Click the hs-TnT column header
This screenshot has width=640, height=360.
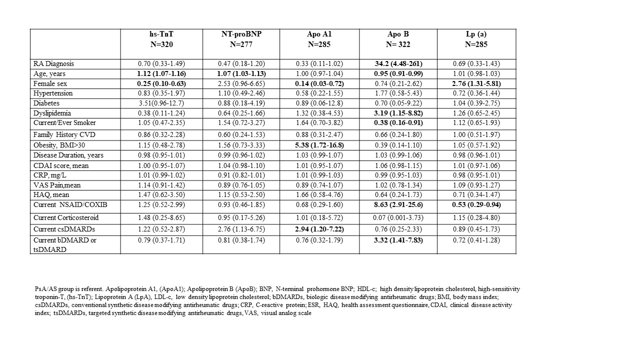click(x=161, y=34)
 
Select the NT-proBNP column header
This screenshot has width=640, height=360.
click(x=241, y=34)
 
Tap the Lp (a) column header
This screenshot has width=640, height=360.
click(x=476, y=34)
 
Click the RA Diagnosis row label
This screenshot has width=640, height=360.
click(x=53, y=64)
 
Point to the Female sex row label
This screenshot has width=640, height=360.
click(x=50, y=83)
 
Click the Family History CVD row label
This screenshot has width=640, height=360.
click(x=64, y=134)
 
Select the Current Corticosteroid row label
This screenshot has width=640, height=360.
click(x=66, y=217)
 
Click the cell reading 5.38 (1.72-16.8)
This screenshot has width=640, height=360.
click(x=319, y=145)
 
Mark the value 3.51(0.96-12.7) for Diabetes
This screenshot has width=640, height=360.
click(x=161, y=103)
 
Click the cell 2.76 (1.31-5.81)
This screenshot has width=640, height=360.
click(x=476, y=83)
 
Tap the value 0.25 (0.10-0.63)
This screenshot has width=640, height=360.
click(x=161, y=83)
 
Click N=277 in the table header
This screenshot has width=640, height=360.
click(x=241, y=44)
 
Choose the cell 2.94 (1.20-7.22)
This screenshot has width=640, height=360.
click(x=319, y=229)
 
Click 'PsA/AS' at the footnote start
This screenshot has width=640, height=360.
click(x=45, y=289)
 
